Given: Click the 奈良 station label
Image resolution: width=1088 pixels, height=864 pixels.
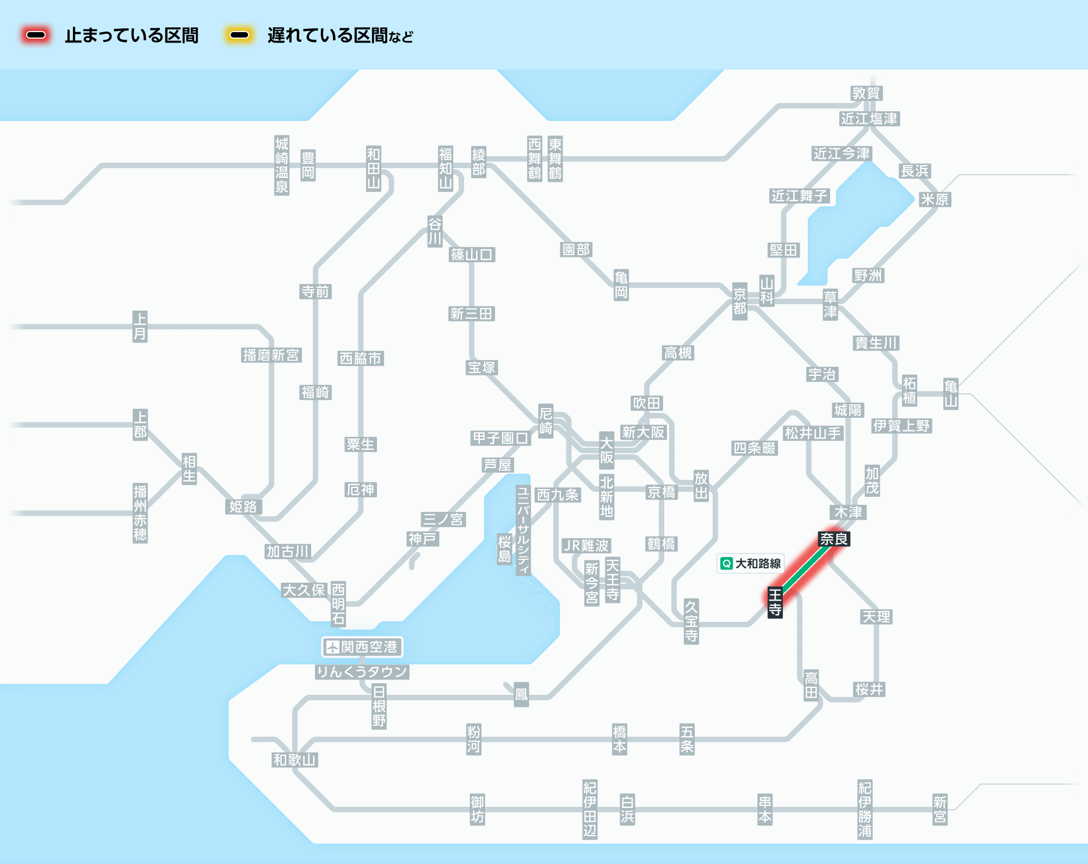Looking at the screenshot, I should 834,539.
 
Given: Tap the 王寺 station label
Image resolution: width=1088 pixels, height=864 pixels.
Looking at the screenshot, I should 775,602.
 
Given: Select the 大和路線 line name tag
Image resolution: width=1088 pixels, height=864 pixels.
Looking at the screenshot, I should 751,564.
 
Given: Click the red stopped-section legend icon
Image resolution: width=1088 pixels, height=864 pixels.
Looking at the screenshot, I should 36,35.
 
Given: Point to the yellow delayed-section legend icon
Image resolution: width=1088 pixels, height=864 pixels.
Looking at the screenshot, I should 239,35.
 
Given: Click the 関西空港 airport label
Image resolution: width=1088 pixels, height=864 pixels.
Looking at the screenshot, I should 362,647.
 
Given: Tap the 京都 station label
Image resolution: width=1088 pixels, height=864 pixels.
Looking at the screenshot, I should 739,301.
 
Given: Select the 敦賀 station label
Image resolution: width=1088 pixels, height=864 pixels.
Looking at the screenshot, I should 866,93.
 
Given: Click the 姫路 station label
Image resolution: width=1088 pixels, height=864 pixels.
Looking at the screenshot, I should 243,507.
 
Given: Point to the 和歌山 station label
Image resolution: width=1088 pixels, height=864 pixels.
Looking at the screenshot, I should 294,760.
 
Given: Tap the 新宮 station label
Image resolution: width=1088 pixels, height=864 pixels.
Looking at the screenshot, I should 939,809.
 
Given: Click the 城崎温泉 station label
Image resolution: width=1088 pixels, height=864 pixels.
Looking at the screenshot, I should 281,165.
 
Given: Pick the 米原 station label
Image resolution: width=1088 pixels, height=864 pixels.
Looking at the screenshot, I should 935,199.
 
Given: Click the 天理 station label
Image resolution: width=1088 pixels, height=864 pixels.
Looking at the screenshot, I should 876,616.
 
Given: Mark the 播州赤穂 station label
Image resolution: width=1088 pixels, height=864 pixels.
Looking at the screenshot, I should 140,513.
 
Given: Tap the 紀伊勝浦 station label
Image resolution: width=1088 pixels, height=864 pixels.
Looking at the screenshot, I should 864,809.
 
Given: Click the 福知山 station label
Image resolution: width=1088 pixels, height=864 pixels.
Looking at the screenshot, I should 446,168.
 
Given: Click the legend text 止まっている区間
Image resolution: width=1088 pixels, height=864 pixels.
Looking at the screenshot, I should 132,36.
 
